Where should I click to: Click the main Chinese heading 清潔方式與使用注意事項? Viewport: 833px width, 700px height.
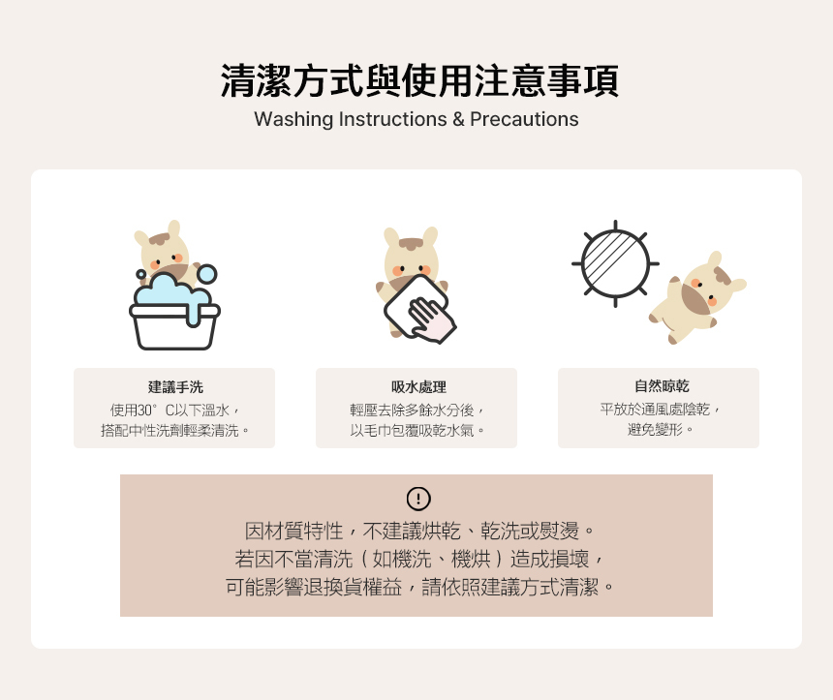point(419,80)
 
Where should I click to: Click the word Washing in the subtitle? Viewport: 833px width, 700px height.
point(293,119)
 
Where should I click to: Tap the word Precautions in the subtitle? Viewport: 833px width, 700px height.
point(524,119)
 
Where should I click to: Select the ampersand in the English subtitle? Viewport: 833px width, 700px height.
point(458,119)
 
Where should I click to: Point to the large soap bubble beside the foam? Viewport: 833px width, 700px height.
point(206,274)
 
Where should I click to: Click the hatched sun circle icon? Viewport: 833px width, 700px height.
point(615,263)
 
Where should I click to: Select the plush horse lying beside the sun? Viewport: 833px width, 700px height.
point(696,297)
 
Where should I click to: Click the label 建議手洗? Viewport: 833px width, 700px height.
point(175,387)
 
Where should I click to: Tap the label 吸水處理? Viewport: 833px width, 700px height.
point(418,387)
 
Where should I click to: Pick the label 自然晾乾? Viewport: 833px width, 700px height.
point(662,386)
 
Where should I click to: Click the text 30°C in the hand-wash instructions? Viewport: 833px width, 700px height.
point(155,410)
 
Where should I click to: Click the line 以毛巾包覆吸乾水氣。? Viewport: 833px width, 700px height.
point(417,430)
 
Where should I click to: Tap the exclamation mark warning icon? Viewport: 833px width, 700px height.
point(418,499)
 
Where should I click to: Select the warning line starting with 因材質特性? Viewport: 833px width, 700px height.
point(419,531)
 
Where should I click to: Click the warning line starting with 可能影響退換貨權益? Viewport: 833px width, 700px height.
point(419,588)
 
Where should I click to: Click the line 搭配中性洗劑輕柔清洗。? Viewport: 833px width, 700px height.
point(174,430)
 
